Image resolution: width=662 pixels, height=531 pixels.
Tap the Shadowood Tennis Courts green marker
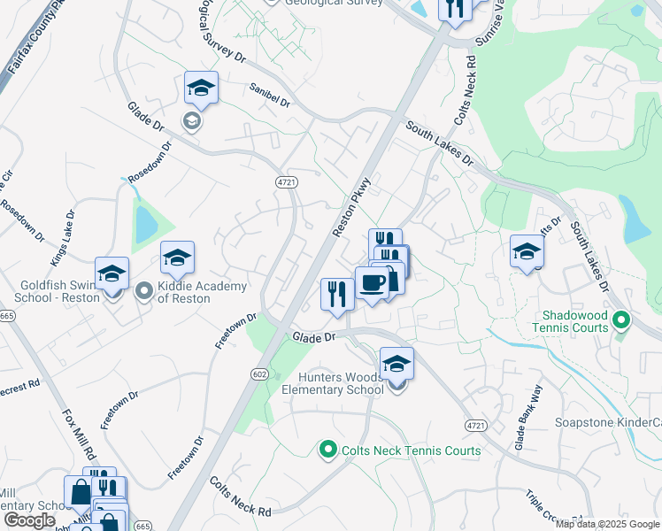621,319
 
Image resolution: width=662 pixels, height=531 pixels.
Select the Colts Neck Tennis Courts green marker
327,450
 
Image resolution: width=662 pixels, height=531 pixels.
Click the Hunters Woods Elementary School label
332,382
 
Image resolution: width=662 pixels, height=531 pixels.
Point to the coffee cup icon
371,283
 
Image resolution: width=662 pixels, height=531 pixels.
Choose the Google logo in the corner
29,520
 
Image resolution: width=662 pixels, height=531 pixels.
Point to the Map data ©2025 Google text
606,524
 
